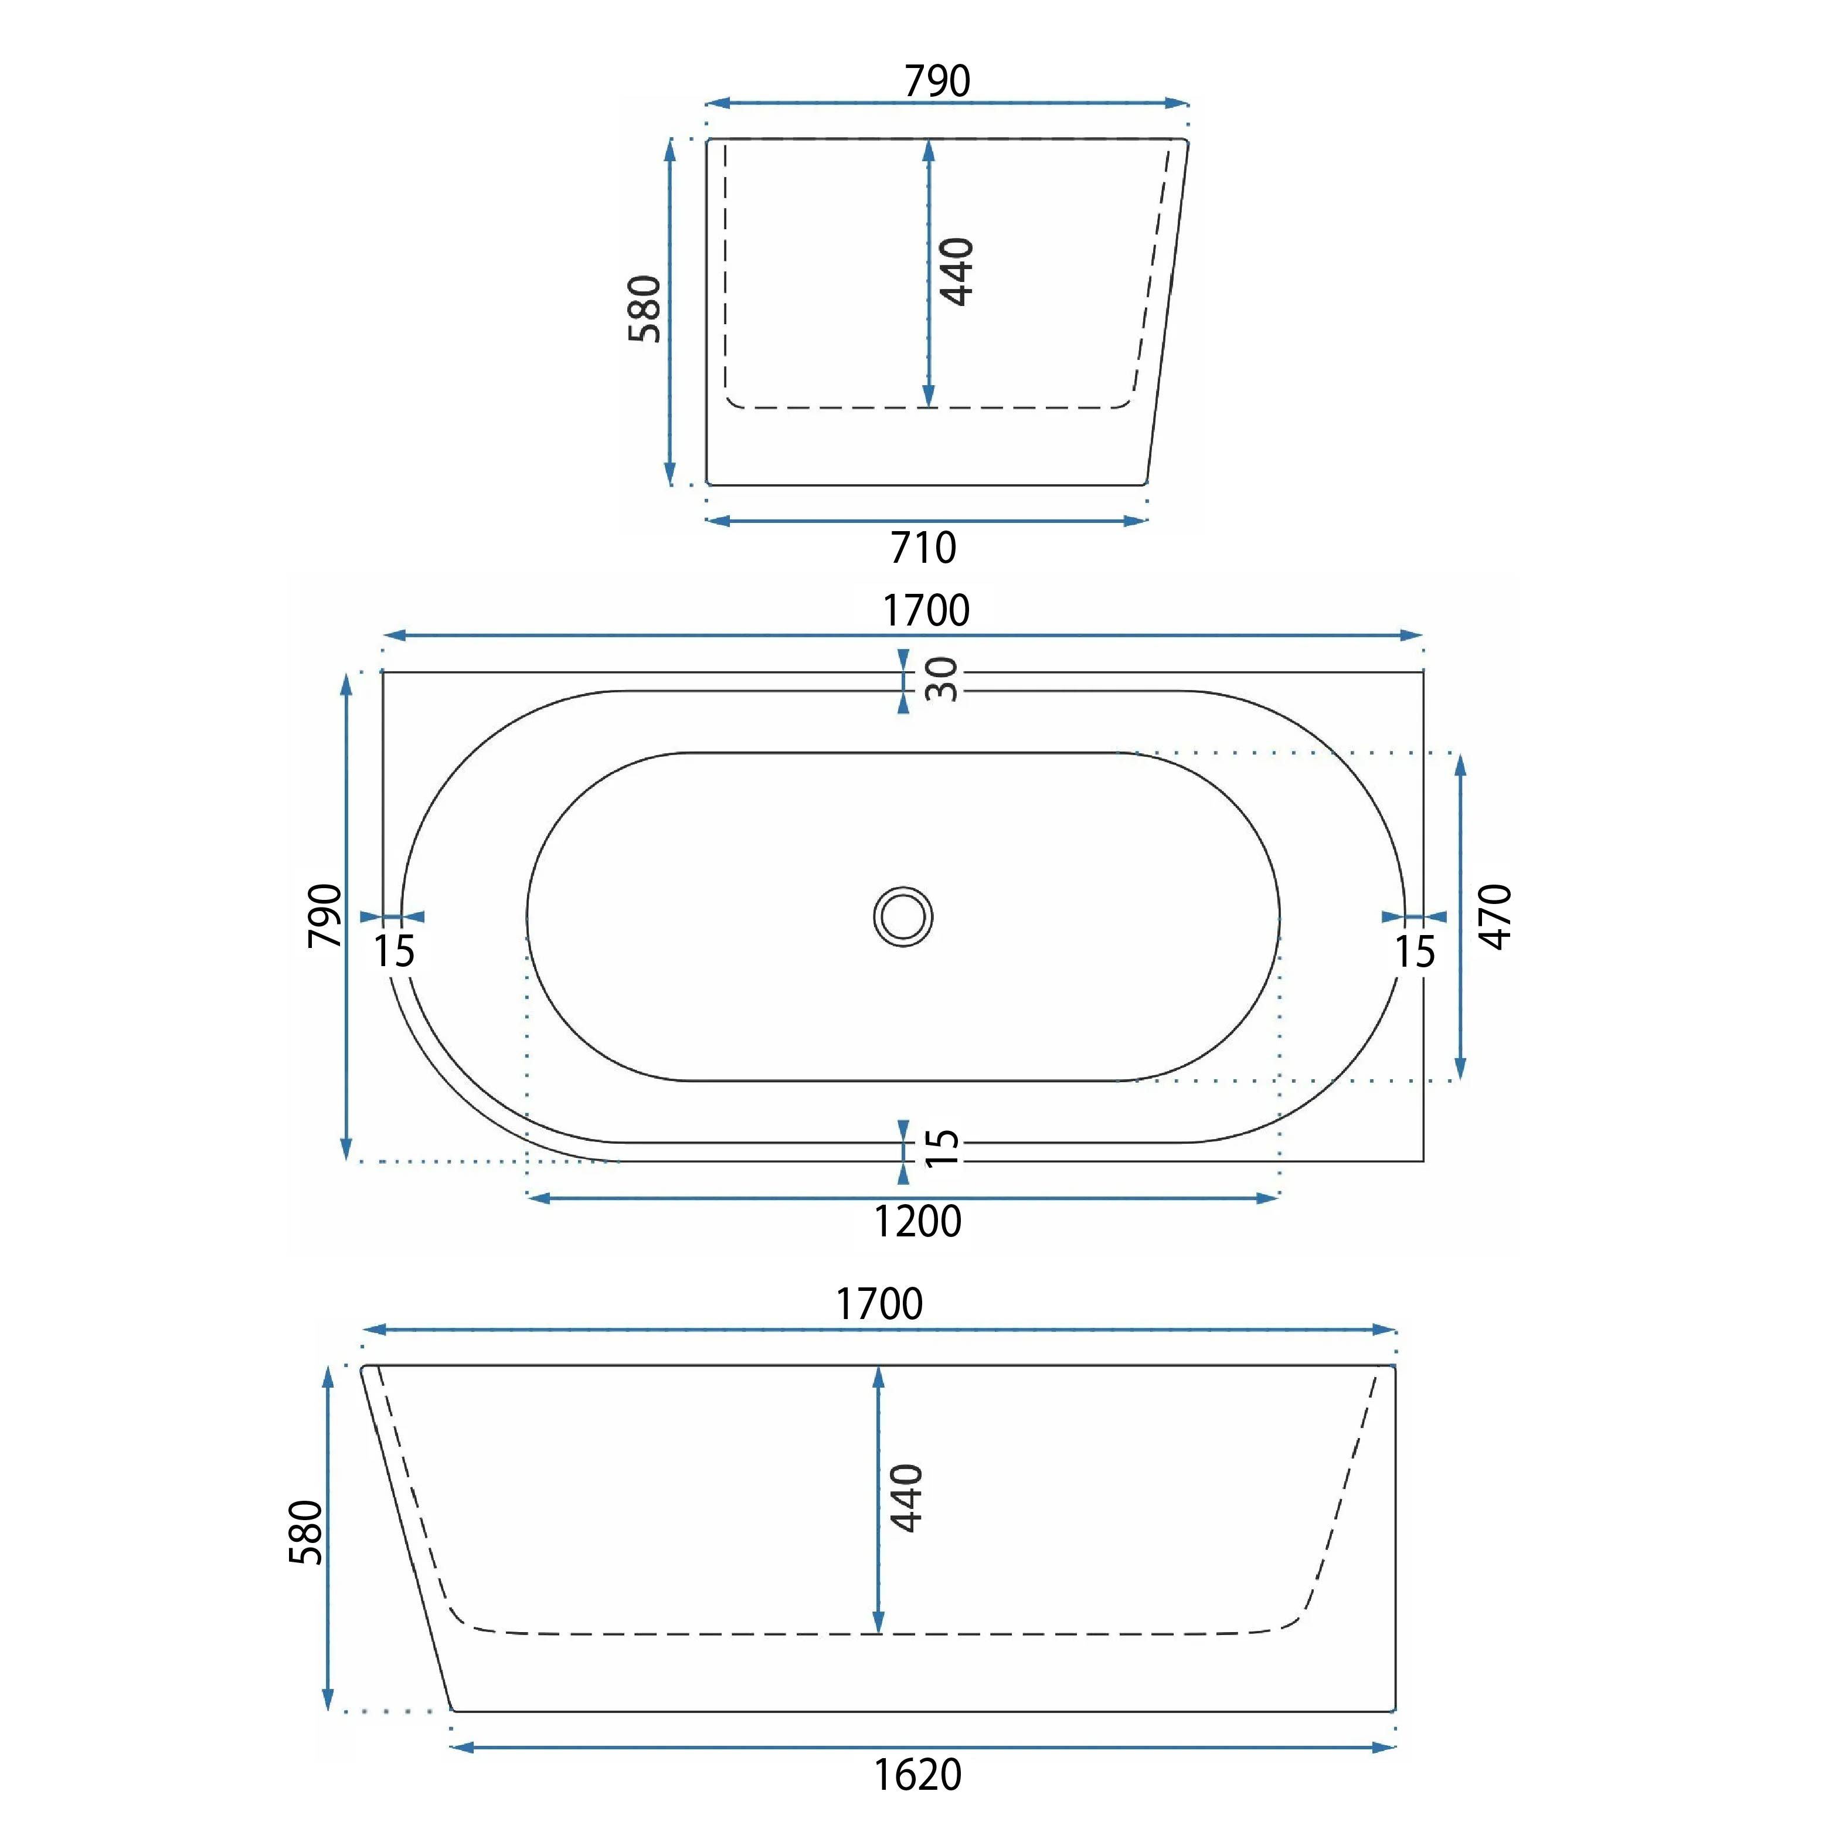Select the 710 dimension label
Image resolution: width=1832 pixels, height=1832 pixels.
point(923,548)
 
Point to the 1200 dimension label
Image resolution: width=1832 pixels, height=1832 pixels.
point(917,1221)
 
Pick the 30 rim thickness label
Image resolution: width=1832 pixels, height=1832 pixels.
point(942,679)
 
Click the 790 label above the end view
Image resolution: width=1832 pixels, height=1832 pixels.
point(937,80)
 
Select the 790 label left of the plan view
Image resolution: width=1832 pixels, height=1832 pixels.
point(325,915)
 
